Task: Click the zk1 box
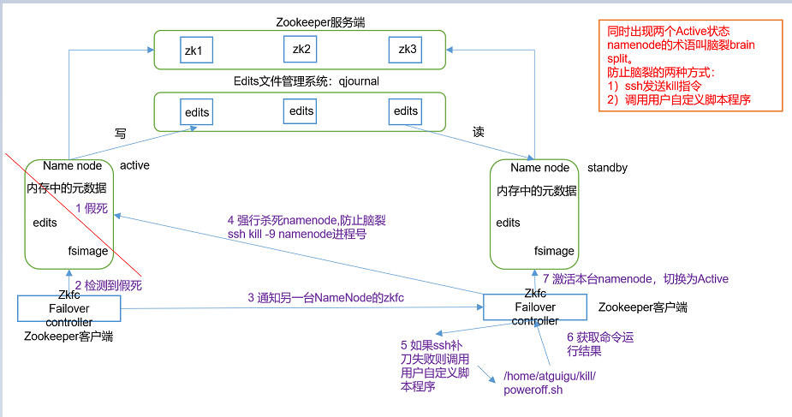(x=194, y=51)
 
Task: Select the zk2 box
(x=301, y=50)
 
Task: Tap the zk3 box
(x=408, y=51)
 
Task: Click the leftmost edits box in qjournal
(x=197, y=112)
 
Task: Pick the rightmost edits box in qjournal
(x=406, y=111)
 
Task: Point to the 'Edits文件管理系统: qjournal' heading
(x=306, y=81)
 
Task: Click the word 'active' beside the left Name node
(x=134, y=165)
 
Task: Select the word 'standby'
(x=607, y=168)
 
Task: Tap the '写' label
(x=120, y=134)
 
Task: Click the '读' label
(x=479, y=133)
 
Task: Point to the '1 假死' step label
(x=92, y=207)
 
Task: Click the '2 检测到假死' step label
(x=108, y=284)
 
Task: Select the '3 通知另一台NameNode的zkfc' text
(x=325, y=298)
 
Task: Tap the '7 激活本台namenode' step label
(x=635, y=279)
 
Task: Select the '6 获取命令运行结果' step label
(x=600, y=344)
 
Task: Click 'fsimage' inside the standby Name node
(x=555, y=252)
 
